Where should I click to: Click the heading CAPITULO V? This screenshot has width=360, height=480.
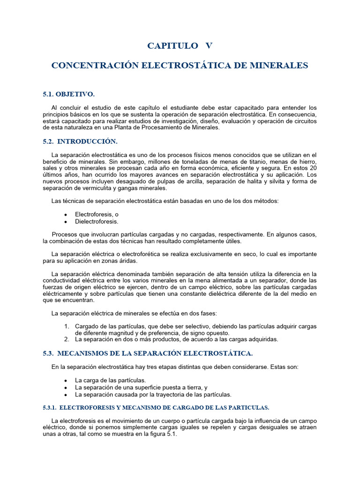click(180, 45)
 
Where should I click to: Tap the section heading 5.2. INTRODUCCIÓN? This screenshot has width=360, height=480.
click(80, 141)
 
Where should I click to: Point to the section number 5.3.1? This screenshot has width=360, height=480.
click(49, 407)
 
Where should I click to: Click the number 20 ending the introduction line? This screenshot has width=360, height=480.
click(313, 168)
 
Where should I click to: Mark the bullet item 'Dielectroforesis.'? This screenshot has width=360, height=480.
click(97, 221)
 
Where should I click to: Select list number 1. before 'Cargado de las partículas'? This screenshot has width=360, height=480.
click(67, 326)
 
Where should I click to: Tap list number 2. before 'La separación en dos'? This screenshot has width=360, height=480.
click(67, 339)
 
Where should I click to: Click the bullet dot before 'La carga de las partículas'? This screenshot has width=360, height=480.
click(66, 380)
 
